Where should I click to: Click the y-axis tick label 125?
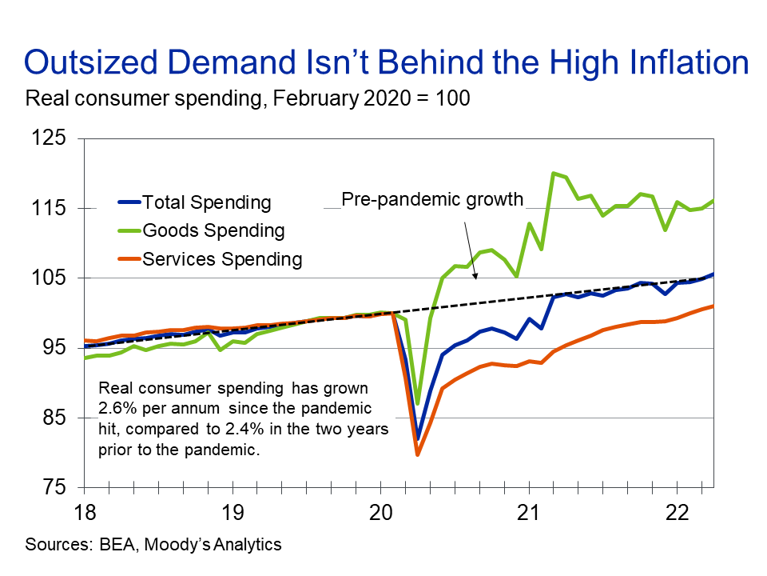pos(50,139)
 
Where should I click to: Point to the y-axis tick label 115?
pos(50,209)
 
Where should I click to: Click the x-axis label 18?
pos(84,511)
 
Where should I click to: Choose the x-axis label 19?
pos(231,511)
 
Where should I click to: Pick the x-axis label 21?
pos(527,511)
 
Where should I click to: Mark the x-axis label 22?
pos(675,511)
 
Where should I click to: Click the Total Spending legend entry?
pos(206,202)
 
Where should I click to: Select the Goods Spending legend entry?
pos(213,230)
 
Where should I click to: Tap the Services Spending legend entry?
pos(222,258)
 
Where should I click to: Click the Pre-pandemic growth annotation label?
pos(432,199)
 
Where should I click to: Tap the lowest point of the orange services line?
pos(417,454)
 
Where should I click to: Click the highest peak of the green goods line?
pos(552,173)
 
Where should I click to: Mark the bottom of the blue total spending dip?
pos(417,439)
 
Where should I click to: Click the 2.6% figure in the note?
pos(114,408)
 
